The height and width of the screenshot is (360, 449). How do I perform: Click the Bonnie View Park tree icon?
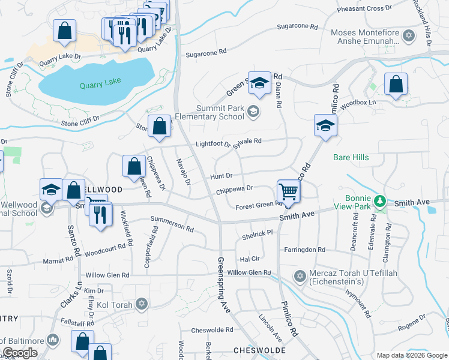coord(379,200)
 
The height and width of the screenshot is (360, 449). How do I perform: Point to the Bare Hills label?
coord(351,158)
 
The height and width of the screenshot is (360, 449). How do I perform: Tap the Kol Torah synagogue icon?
coord(142,304)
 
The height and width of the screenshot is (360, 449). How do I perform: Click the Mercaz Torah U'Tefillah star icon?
coord(300,276)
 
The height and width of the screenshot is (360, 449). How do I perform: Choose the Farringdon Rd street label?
coord(304,249)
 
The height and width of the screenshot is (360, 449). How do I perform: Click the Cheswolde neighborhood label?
coord(259,350)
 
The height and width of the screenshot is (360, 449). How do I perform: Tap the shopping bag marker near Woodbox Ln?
coord(396,85)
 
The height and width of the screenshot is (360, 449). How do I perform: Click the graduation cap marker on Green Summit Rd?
coord(259,84)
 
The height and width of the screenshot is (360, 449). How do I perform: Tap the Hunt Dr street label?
coord(220,176)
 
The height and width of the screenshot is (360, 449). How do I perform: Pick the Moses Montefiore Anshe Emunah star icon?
coord(409,36)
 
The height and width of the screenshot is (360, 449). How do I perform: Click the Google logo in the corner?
coord(20,353)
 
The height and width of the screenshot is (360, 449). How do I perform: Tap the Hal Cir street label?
coord(249,259)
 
